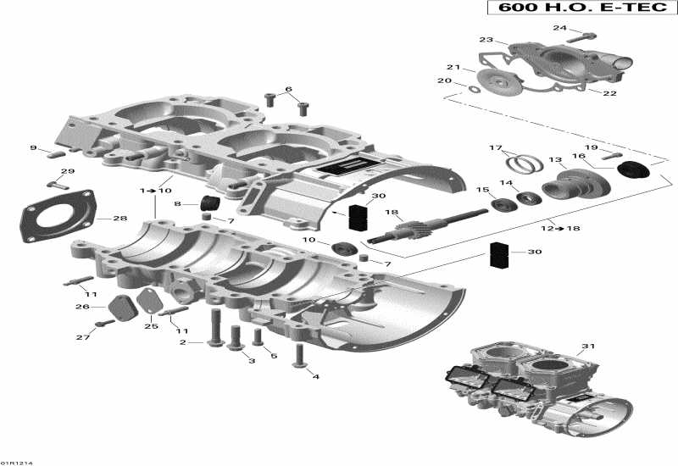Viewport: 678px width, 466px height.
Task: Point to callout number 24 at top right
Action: [x=559, y=28]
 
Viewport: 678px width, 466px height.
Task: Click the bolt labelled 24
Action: [x=585, y=36]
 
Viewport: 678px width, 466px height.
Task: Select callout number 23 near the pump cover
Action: [x=486, y=40]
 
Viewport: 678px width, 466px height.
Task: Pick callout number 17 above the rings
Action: [x=495, y=147]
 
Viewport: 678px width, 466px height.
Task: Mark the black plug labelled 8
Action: [x=208, y=202]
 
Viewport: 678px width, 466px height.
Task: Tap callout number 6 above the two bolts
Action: [x=288, y=88]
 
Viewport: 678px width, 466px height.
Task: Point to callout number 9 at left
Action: [x=34, y=148]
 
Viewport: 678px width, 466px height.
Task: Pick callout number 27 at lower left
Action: [x=83, y=338]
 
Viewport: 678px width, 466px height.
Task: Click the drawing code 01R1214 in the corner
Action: [x=14, y=462]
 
